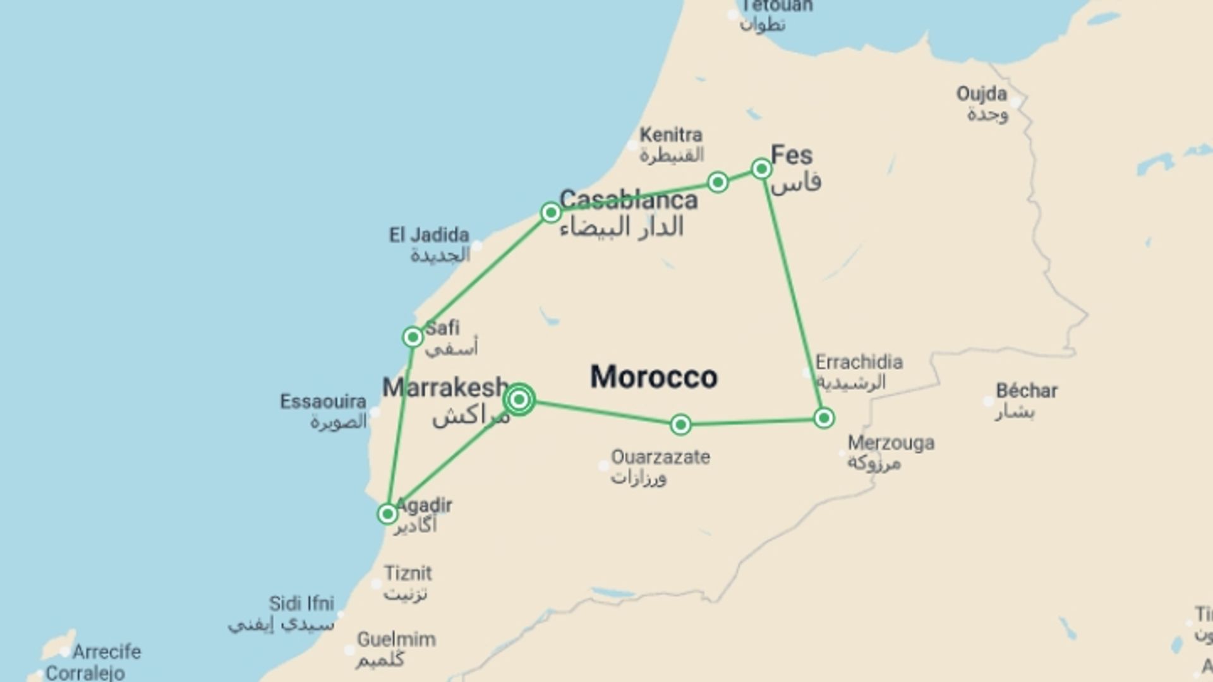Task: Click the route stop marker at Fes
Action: [761, 169]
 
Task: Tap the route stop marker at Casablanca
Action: [550, 212]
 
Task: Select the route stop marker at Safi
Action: [413, 337]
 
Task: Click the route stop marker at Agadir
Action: [387, 513]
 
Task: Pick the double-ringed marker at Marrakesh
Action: [519, 399]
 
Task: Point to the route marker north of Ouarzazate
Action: [680, 424]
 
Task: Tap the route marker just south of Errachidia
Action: [824, 418]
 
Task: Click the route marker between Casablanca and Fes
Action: [718, 182]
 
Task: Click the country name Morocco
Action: [654, 377]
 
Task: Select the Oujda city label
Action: [981, 94]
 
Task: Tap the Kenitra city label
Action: [671, 135]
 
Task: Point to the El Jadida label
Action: [429, 236]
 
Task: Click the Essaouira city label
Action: [323, 402]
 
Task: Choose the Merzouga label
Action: [891, 443]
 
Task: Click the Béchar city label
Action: [1027, 391]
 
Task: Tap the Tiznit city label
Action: [408, 573]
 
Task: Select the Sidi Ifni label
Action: [301, 604]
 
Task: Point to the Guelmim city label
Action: [396, 640]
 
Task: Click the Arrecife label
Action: [107, 652]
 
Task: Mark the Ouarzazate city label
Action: [660, 457]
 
